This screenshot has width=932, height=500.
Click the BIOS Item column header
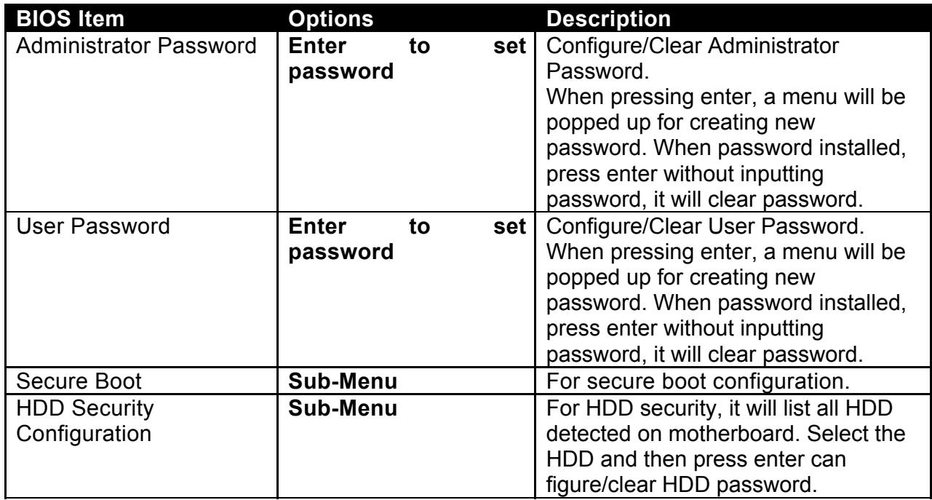[x=70, y=19]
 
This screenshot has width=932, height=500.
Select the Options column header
[x=331, y=19]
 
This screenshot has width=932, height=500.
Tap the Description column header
[x=608, y=19]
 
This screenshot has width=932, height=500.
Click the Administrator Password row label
[x=136, y=46]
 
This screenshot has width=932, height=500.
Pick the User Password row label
[x=93, y=226]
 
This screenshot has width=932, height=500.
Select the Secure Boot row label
[x=79, y=381]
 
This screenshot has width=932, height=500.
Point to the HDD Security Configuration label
[x=85, y=421]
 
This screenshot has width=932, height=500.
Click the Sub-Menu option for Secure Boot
[x=343, y=381]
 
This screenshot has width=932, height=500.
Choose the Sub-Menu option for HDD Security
[x=343, y=408]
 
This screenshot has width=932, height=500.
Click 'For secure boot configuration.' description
[x=698, y=381]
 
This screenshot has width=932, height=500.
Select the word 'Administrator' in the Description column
[x=773, y=46]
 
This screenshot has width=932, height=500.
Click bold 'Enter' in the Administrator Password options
[x=317, y=46]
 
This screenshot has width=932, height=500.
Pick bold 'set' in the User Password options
[x=510, y=226]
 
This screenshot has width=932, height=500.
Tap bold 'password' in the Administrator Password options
[x=340, y=72]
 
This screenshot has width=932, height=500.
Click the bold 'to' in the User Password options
[x=419, y=226]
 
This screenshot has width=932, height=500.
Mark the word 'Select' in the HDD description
[x=838, y=434]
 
